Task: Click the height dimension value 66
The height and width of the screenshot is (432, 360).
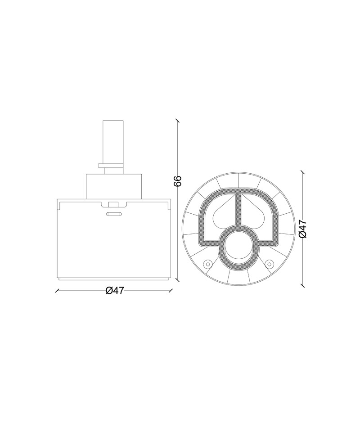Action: pyautogui.click(x=178, y=181)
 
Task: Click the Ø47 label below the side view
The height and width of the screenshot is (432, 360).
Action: pyautogui.click(x=115, y=290)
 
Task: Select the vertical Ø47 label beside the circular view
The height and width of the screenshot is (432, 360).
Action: pyautogui.click(x=302, y=229)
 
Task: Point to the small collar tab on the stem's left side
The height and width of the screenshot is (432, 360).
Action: pyautogui.click(x=101, y=166)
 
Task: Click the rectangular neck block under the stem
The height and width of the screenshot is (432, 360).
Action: pyautogui.click(x=114, y=186)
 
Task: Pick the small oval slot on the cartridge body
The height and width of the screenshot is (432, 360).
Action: pyautogui.click(x=113, y=214)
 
